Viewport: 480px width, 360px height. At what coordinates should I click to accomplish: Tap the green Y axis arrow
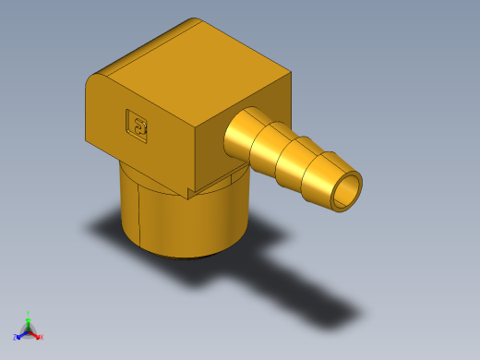(28, 320)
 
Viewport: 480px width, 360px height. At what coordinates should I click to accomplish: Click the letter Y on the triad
(29, 314)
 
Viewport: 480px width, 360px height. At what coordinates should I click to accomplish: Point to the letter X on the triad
(42, 338)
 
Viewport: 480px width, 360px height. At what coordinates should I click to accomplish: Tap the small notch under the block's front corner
(191, 194)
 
